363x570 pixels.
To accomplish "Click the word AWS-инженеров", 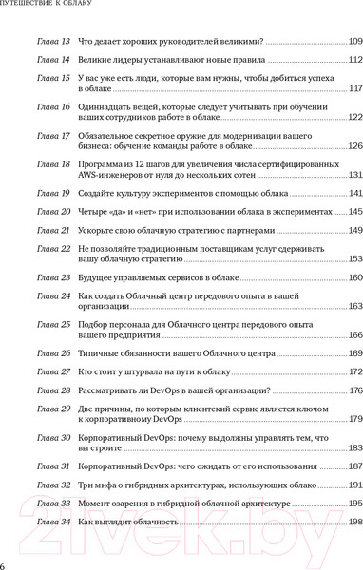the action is (107, 176).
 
